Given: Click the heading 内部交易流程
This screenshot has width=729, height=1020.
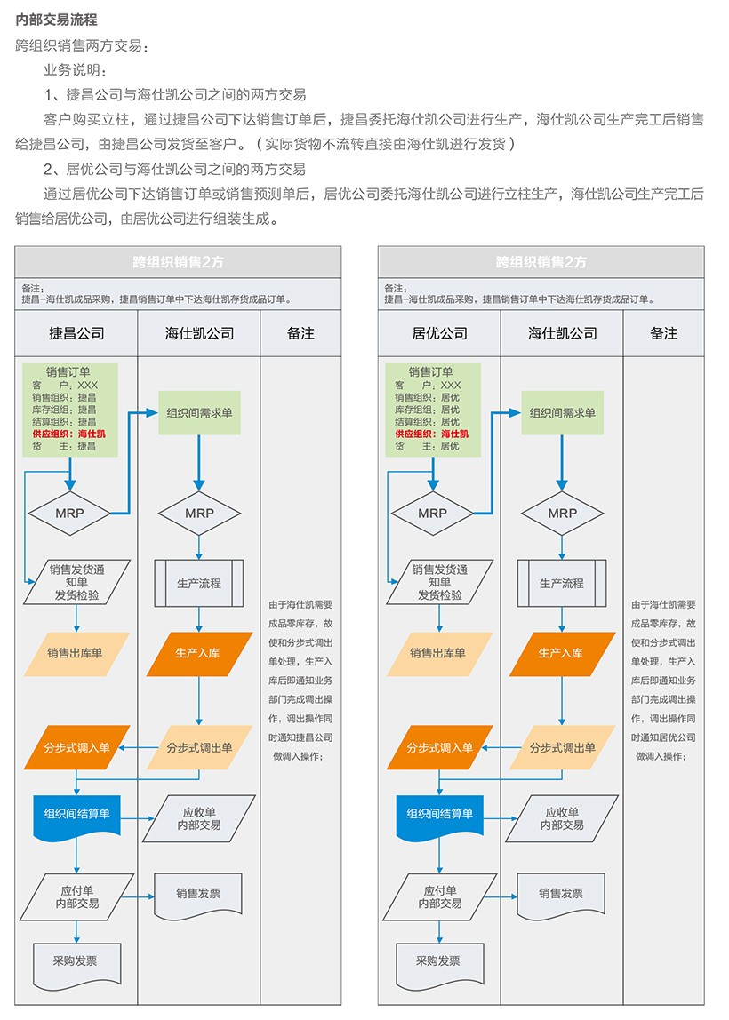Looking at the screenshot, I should [x=57, y=20].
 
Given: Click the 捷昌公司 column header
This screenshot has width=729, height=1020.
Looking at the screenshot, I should [x=76, y=333].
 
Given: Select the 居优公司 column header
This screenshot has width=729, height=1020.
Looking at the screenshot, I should [x=439, y=333].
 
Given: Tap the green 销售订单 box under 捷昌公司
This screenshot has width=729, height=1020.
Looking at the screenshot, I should [x=70, y=409].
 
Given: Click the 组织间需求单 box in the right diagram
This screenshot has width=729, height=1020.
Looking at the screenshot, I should [x=563, y=413].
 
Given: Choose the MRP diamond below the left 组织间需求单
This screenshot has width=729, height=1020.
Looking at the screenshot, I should [x=199, y=513].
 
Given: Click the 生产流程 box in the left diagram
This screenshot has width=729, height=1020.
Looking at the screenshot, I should [x=199, y=583].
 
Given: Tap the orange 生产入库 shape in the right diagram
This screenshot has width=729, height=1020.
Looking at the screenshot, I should [x=562, y=653].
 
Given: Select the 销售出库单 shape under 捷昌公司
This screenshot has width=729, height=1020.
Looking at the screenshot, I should [x=76, y=653].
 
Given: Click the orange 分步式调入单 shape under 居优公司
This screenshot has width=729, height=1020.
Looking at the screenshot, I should [x=439, y=748].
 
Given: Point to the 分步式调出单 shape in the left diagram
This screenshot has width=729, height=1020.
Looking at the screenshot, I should [x=199, y=748].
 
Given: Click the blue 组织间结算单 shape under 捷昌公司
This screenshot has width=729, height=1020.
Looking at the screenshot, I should [x=77, y=814].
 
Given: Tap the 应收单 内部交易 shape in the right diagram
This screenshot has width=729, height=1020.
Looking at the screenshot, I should [x=562, y=818].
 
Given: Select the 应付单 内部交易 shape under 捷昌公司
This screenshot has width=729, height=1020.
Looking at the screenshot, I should [x=77, y=896].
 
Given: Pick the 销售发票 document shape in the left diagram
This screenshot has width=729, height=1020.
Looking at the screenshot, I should [x=198, y=895].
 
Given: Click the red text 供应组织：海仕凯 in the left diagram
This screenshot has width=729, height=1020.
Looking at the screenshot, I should [x=69, y=434].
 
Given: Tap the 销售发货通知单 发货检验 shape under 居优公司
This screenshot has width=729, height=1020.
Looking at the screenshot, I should [x=439, y=582].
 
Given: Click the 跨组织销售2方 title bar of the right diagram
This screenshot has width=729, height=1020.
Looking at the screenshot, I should [x=541, y=262].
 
